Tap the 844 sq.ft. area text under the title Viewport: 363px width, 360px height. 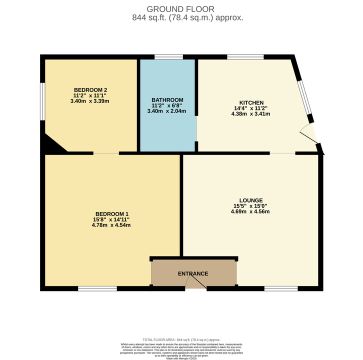pos(181,17)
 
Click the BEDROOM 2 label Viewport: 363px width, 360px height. pos(90,91)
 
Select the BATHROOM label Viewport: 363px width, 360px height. pos(166,100)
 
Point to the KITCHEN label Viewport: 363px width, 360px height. pos(251,102)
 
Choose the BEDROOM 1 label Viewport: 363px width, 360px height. pos(112,215)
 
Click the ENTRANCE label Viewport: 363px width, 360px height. pos(194,273)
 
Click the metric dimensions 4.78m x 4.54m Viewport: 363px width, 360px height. pos(112,226)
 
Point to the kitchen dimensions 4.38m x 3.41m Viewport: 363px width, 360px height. pos(251,114)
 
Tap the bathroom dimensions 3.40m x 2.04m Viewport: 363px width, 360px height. pos(166,112)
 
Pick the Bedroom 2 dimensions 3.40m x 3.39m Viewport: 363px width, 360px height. pos(90,102)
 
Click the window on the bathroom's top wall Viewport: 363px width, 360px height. pos(168,57)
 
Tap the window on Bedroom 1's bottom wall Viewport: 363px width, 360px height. pos(97,290)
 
